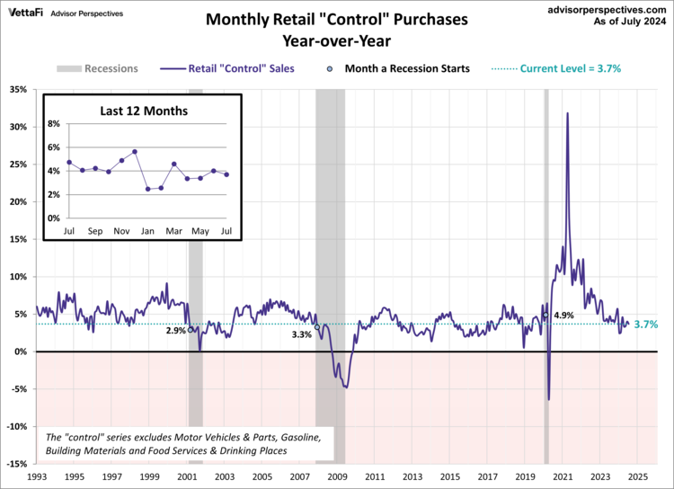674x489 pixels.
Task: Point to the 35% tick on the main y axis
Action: [x=19, y=89]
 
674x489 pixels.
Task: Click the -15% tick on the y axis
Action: [x=17, y=464]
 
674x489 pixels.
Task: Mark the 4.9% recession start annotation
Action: [x=563, y=316]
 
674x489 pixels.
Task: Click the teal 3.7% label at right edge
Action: [x=646, y=325]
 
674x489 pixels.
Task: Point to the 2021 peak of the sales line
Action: [x=567, y=113]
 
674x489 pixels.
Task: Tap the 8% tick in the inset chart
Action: [x=53, y=124]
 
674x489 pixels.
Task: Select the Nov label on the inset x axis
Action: [x=120, y=231]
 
